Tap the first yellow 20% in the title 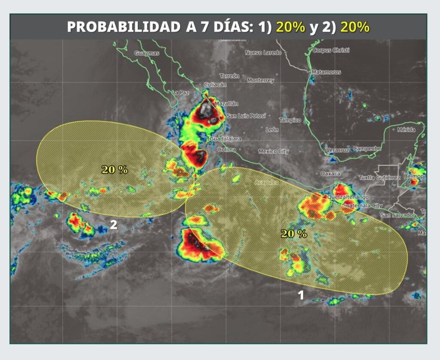(290, 27)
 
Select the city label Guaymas (147, 53)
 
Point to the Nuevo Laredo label (263, 53)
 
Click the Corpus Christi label (331, 50)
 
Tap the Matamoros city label (326, 72)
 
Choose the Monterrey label (260, 80)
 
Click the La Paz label (181, 92)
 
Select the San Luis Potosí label (246, 116)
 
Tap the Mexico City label (274, 151)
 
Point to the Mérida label (406, 129)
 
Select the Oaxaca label (330, 174)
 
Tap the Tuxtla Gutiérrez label (379, 178)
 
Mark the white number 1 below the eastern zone (301, 295)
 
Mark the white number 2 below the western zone (113, 225)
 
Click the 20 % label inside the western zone (115, 170)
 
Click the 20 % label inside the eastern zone (294, 234)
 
